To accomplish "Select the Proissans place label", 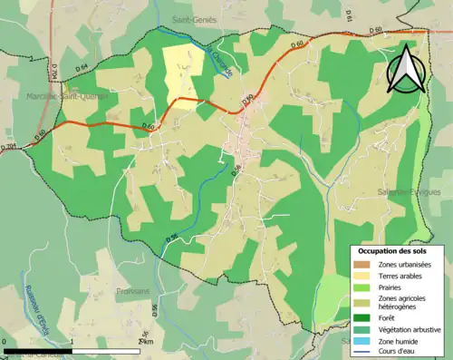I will point(133,291).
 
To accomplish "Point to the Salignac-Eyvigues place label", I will point(410,193).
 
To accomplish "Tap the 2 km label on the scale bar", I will point(141,341).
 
